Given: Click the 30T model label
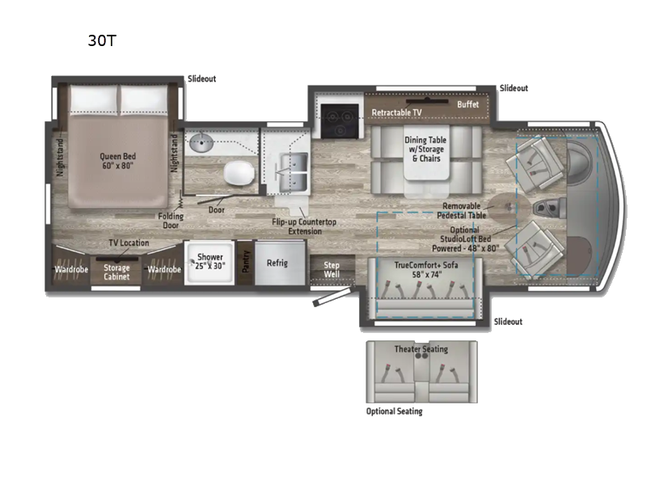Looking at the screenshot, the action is [x=102, y=40].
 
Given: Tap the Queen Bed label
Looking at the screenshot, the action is [x=117, y=161].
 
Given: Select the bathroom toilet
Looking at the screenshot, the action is [x=239, y=172].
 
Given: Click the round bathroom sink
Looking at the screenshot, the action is [x=201, y=143].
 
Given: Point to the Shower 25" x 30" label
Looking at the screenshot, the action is [x=210, y=261].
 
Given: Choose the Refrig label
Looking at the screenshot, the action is [x=277, y=263].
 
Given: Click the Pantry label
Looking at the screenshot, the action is [x=246, y=261].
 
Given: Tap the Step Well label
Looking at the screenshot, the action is [x=332, y=269].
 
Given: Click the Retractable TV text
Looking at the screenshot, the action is [x=396, y=112].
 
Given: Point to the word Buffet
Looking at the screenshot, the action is [x=468, y=104].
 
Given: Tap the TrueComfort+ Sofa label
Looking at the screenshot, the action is [x=426, y=269].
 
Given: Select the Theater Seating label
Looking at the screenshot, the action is [x=421, y=349].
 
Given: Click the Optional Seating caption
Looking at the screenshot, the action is [x=395, y=411].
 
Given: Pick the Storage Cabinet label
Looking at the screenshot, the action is [x=116, y=272].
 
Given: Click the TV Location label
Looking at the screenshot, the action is [x=129, y=243].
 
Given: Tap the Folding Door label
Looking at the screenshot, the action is [x=171, y=221].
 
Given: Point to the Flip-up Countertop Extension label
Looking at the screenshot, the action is [x=305, y=226].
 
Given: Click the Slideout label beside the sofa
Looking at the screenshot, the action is [x=509, y=321].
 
